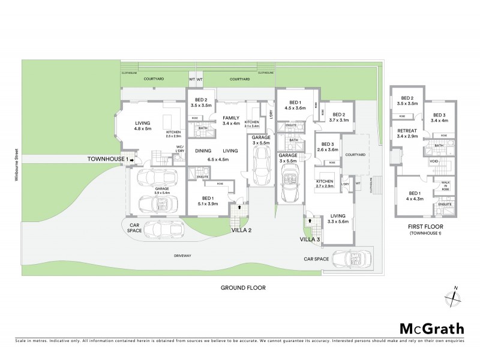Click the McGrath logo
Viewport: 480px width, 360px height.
point(431,328)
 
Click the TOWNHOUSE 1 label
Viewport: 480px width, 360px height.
point(108,159)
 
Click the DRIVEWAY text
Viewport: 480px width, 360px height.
point(182,256)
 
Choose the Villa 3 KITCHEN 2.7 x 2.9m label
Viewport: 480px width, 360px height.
point(326,184)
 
